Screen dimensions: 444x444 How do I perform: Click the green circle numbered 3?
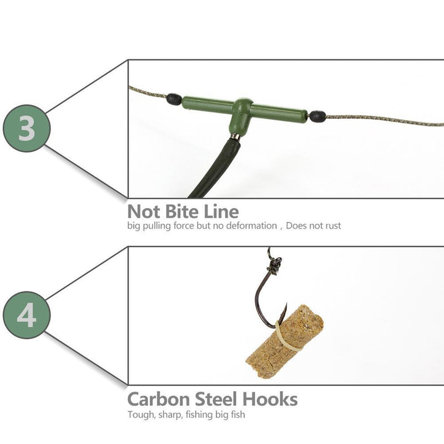[27, 129]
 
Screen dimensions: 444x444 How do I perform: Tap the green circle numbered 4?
[27, 315]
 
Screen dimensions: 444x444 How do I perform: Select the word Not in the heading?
[143, 211]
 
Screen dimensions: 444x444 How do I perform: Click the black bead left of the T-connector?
[174, 99]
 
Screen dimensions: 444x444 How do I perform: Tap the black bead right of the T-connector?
[317, 116]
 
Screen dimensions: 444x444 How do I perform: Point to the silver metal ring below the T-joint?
[235, 136]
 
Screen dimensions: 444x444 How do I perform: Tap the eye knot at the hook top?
[274, 266]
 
